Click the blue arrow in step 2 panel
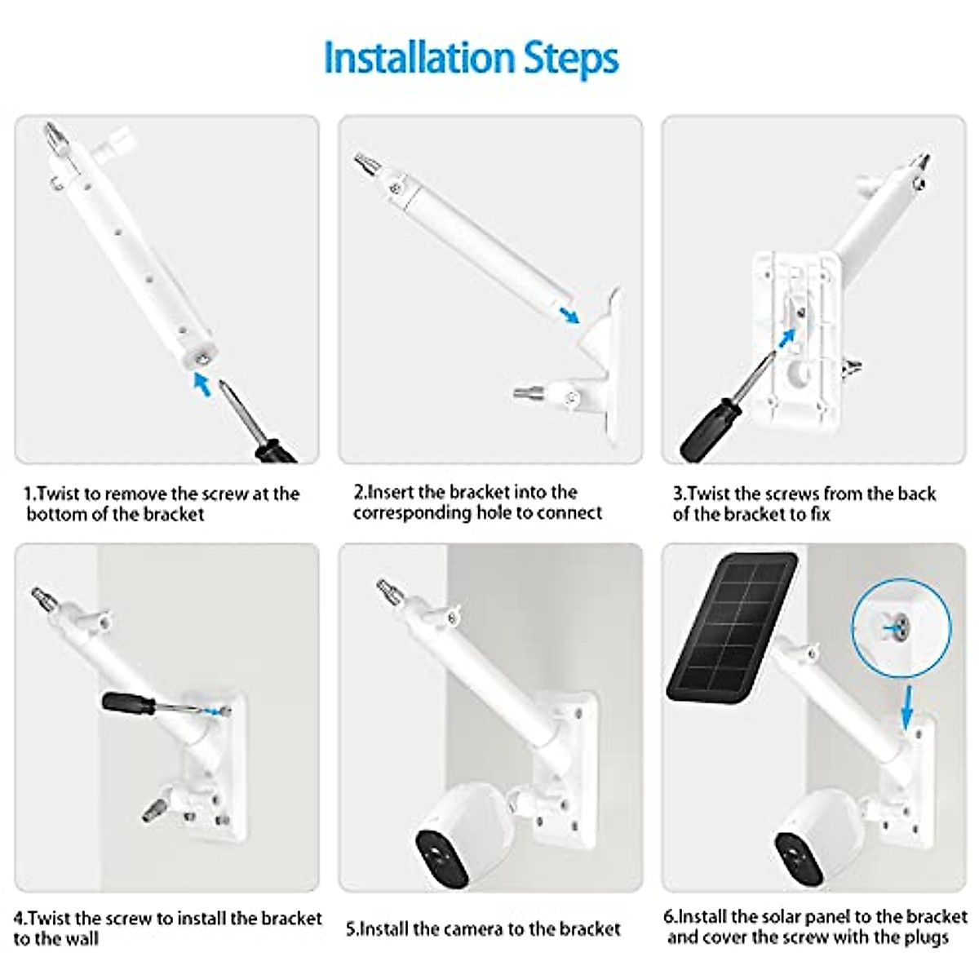click(567, 313)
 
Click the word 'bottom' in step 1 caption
click(65, 515)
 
